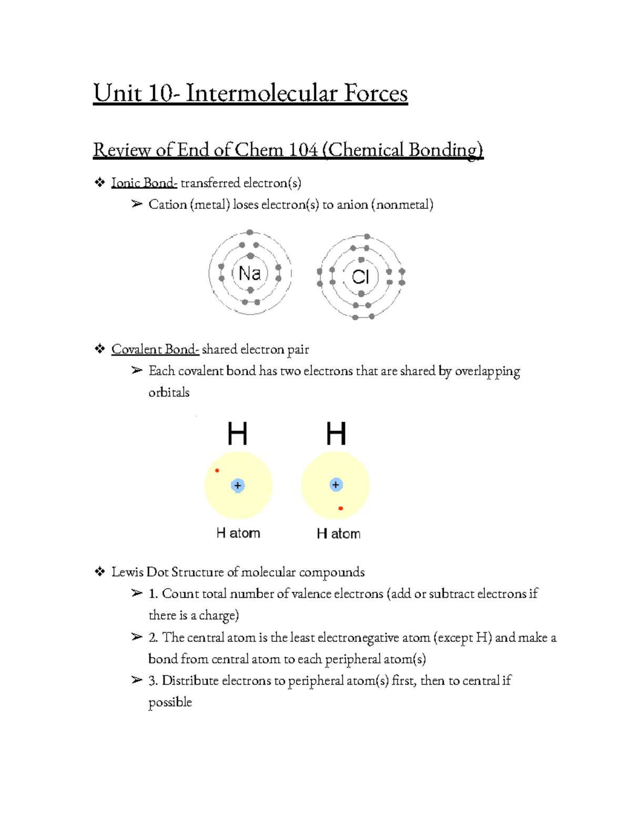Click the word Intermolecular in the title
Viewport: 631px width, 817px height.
pyautogui.click(x=262, y=94)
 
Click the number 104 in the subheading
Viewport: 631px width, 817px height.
pyautogui.click(x=303, y=150)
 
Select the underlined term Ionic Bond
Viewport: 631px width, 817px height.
pyautogui.click(x=143, y=183)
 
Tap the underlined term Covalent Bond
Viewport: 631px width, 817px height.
pyautogui.click(x=155, y=349)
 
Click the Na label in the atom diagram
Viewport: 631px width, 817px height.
pyautogui.click(x=250, y=274)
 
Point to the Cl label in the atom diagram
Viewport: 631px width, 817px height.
pyautogui.click(x=361, y=277)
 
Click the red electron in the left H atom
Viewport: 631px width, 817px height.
pyautogui.click(x=217, y=470)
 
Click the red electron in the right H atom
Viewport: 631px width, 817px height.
pyautogui.click(x=341, y=508)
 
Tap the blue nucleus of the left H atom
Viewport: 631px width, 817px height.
pyautogui.click(x=238, y=485)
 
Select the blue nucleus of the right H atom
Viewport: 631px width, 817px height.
pyautogui.click(x=336, y=485)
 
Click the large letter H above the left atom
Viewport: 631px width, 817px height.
pyautogui.click(x=237, y=435)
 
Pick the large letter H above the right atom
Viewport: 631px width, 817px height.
pyautogui.click(x=336, y=435)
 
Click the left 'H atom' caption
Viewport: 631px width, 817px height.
pyautogui.click(x=238, y=533)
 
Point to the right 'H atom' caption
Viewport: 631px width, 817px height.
pyautogui.click(x=339, y=533)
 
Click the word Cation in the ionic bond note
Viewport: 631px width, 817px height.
pyautogui.click(x=167, y=205)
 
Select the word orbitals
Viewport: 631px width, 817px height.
pyautogui.click(x=169, y=392)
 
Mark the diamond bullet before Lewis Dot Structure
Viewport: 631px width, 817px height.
pyautogui.click(x=99, y=572)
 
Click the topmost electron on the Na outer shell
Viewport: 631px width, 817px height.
pyautogui.click(x=250, y=233)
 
